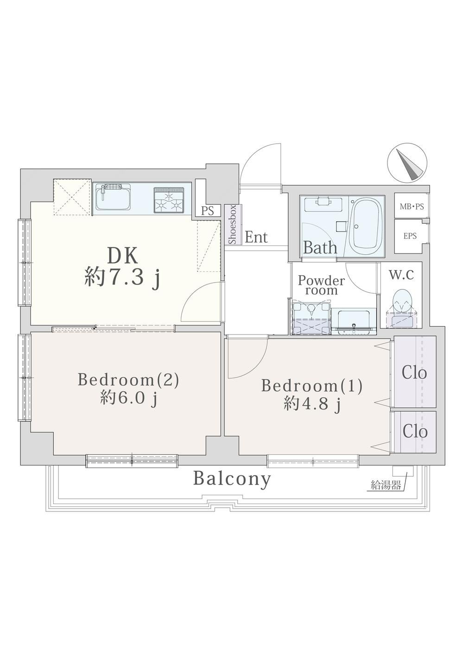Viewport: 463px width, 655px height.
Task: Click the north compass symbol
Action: point(407,164)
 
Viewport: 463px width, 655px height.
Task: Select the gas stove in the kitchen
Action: point(169,200)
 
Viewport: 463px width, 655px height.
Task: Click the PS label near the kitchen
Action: point(207,211)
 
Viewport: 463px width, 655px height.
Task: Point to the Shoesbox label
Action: point(233,225)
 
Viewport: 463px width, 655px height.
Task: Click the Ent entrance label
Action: point(256,238)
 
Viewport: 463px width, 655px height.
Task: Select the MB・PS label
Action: point(412,207)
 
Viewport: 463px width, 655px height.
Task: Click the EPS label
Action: point(410,236)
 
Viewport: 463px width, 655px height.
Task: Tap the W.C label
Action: point(401,275)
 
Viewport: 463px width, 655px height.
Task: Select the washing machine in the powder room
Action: point(311,318)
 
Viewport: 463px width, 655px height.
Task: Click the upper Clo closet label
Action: point(414,373)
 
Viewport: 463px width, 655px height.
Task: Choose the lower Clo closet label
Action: point(415,431)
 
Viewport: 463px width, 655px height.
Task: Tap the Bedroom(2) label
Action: point(128,380)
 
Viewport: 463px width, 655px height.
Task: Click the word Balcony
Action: point(232,480)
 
